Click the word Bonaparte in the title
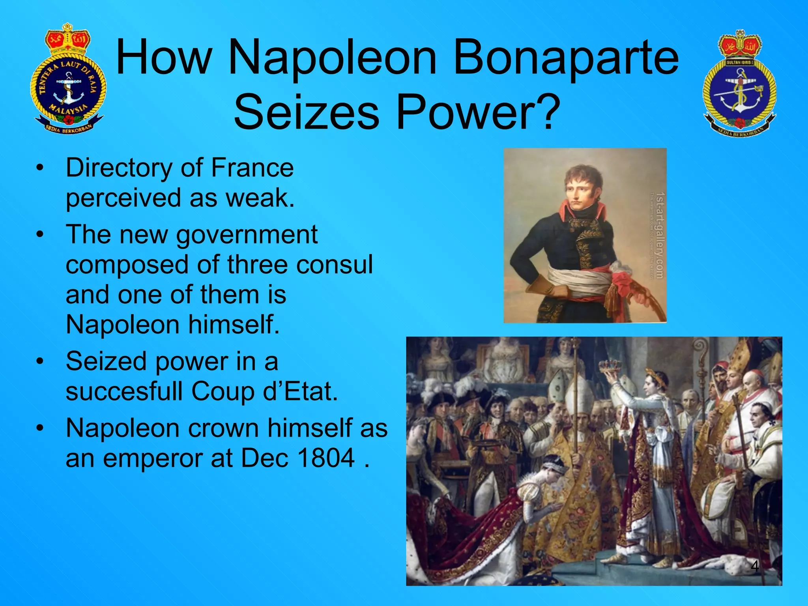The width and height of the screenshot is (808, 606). [x=567, y=57]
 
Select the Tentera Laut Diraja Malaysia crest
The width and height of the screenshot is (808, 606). [x=68, y=79]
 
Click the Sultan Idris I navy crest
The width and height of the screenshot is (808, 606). [x=739, y=83]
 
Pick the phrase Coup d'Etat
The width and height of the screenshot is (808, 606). [x=264, y=391]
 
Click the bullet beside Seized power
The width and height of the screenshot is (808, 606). [x=39, y=361]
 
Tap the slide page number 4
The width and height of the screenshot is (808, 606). [x=754, y=566]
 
